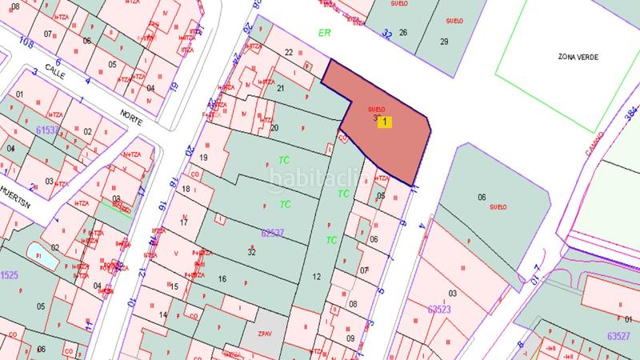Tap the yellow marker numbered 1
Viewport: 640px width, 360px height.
coord(386,122)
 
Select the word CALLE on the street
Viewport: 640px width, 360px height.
coord(54,69)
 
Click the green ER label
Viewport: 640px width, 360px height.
coord(324,33)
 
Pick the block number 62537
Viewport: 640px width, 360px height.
coord(274,234)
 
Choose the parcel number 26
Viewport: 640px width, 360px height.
coord(403,33)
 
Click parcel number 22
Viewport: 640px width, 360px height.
coord(289,52)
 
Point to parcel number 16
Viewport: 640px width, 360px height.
coord(222,279)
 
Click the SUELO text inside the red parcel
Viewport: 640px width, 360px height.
coord(376,109)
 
